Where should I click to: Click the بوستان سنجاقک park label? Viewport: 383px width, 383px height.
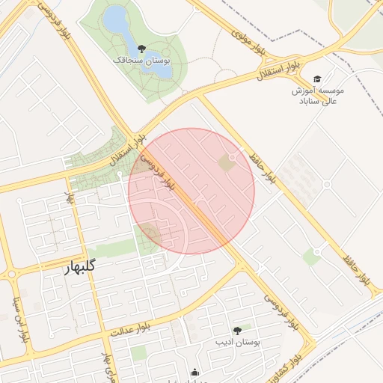click(x=141, y=59)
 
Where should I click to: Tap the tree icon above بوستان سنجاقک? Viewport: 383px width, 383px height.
click(x=142, y=48)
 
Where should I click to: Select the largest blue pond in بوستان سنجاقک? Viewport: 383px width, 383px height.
click(x=116, y=21)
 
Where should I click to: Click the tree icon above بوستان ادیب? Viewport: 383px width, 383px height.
click(x=237, y=330)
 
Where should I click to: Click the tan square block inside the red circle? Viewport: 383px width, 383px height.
click(x=224, y=162)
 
